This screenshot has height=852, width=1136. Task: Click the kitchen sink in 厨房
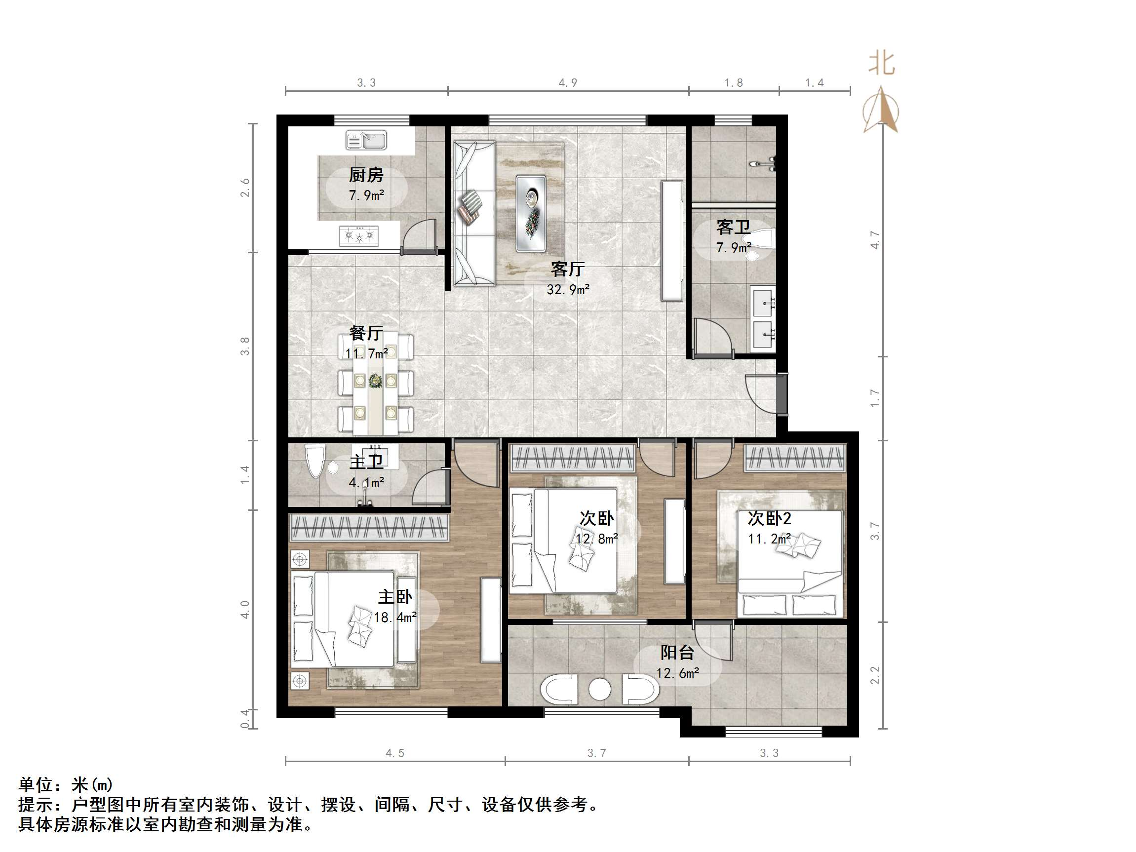point(366,140)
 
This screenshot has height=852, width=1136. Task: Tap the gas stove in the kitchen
point(358,236)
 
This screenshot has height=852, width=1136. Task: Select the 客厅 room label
point(567,269)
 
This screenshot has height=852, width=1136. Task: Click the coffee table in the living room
point(531,213)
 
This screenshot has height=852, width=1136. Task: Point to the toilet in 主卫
point(314,461)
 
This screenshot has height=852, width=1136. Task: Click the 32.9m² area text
point(567,290)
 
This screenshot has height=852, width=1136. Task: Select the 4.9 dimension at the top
point(567,83)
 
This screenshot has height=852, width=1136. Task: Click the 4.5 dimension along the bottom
point(395,753)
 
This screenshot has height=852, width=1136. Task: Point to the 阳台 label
point(677,652)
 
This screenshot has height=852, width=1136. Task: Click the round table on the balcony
point(599,689)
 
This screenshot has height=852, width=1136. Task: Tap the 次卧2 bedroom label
point(769,518)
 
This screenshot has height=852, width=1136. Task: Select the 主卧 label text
point(395,597)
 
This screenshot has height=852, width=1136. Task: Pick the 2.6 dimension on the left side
point(245,188)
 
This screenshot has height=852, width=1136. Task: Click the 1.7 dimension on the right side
point(875,398)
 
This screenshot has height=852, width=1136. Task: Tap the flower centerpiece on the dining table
point(375,381)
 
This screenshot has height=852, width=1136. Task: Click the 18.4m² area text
point(395,618)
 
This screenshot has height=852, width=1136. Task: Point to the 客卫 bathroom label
point(733,227)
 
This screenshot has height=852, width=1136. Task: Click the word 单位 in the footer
point(36,784)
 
